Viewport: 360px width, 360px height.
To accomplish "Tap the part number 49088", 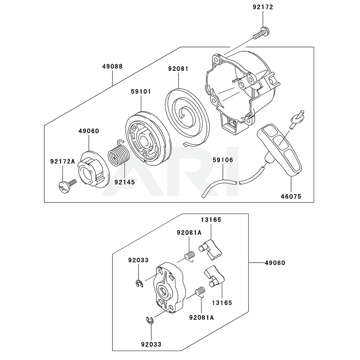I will tap(112, 66).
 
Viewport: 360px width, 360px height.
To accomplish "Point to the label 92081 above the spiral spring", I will tap(178, 68).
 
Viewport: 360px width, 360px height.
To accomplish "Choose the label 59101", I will tap(141, 92).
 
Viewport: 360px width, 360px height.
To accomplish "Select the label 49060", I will tap(89, 131).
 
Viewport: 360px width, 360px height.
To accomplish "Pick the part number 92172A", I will tap(63, 161).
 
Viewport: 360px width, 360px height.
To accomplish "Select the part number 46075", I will tap(291, 197).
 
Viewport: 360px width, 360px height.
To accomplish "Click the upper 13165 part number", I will tap(211, 220).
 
